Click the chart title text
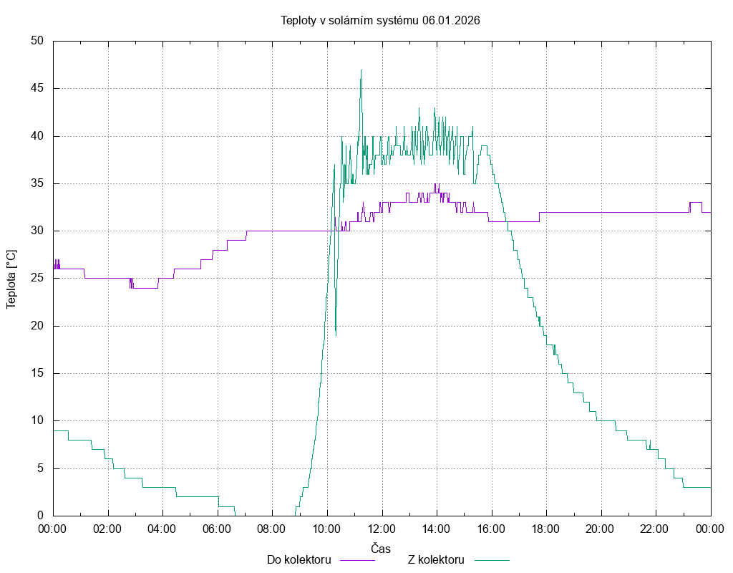[379, 21]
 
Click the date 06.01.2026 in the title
[451, 21]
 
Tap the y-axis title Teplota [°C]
[11, 279]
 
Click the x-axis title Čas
[381, 548]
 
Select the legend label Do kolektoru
[298, 559]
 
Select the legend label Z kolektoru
[437, 559]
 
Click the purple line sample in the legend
[357, 559]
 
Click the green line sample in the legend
[491, 559]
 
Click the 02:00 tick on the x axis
[108, 528]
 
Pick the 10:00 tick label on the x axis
[327, 528]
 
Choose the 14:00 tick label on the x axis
[437, 528]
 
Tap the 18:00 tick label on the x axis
[546, 528]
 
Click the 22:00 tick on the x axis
[656, 528]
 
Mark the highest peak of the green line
[361, 70]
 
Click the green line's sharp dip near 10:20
[335, 334]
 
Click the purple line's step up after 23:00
[691, 203]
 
